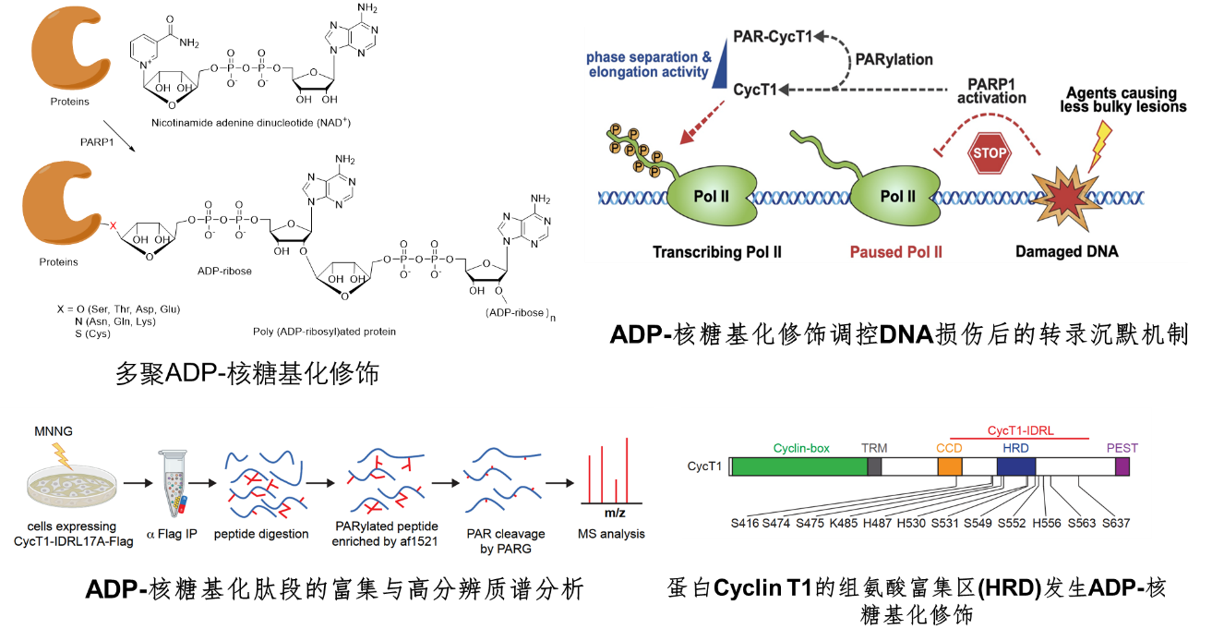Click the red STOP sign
(989, 153)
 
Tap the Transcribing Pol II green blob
(710, 195)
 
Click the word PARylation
(894, 60)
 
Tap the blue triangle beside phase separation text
(722, 70)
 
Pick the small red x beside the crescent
(114, 225)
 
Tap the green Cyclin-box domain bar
(799, 466)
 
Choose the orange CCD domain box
(950, 466)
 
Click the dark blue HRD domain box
(1016, 466)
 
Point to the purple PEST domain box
(1122, 466)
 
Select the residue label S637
(1116, 524)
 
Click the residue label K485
(845, 524)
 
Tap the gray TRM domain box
(874, 466)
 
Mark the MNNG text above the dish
(53, 431)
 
